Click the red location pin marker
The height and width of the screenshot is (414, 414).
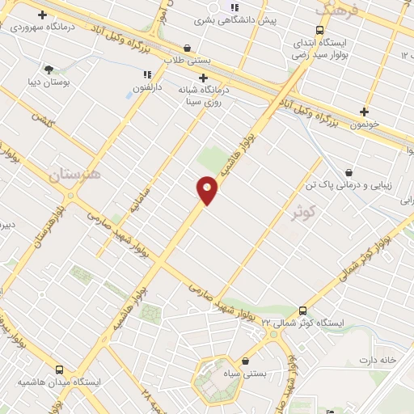coord(207,189)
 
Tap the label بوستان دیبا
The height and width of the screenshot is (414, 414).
coord(48,82)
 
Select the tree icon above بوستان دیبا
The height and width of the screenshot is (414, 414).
coord(49,70)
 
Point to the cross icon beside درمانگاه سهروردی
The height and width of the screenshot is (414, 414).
coord(42,15)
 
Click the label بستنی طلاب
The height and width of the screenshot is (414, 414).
coord(187,61)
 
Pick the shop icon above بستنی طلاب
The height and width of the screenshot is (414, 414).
coord(188,48)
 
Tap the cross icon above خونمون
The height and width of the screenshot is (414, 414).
coord(364,112)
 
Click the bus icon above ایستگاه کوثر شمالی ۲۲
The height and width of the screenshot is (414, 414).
coord(302,310)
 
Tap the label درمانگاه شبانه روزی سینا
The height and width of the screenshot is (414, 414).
coord(202,96)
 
